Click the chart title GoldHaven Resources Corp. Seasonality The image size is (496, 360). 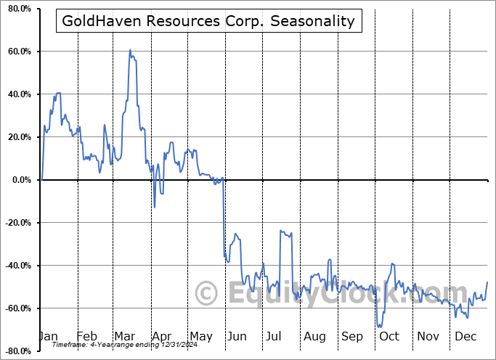[x=208, y=21]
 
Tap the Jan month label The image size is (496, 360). [x=47, y=336]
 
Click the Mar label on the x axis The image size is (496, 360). [x=124, y=336]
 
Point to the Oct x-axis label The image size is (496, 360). [x=389, y=336]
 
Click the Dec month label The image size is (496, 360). [x=465, y=336]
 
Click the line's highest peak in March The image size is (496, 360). [x=130, y=50]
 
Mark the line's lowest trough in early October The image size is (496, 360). [x=379, y=327]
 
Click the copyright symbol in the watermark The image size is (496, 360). [x=207, y=294]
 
